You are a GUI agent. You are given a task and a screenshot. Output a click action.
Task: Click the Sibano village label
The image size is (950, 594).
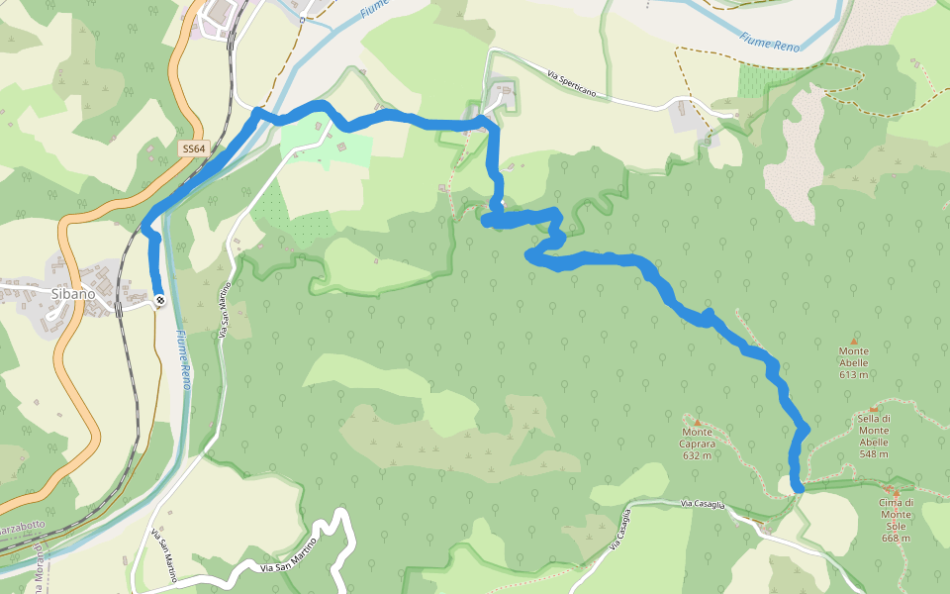tap(73, 293)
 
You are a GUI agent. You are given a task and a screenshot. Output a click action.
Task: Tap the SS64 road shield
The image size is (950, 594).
tap(194, 149)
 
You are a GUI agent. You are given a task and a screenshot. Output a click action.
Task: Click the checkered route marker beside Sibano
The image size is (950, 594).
tap(160, 300)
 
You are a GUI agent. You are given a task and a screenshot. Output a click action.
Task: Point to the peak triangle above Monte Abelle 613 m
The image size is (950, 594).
tap(854, 341)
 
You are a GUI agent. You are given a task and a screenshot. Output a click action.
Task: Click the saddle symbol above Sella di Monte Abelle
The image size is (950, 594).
tap(874, 408)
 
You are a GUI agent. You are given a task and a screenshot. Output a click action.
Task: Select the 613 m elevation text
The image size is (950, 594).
tap(854, 374)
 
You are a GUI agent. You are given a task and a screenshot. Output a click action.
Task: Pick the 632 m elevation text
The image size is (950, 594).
tap(698, 455)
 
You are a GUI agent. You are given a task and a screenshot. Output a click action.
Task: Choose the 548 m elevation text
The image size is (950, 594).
tap(874, 453)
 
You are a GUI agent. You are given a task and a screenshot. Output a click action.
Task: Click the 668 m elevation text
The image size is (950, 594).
tap(895, 538)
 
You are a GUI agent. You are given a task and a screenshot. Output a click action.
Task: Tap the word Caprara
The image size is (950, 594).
tap(698, 444)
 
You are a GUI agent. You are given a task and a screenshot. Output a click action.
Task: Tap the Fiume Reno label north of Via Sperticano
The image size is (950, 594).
tap(768, 38)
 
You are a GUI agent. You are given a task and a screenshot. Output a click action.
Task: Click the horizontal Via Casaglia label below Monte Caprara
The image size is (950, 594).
tap(704, 505)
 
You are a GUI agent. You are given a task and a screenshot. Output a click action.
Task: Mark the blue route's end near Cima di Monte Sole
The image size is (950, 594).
tap(798, 485)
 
